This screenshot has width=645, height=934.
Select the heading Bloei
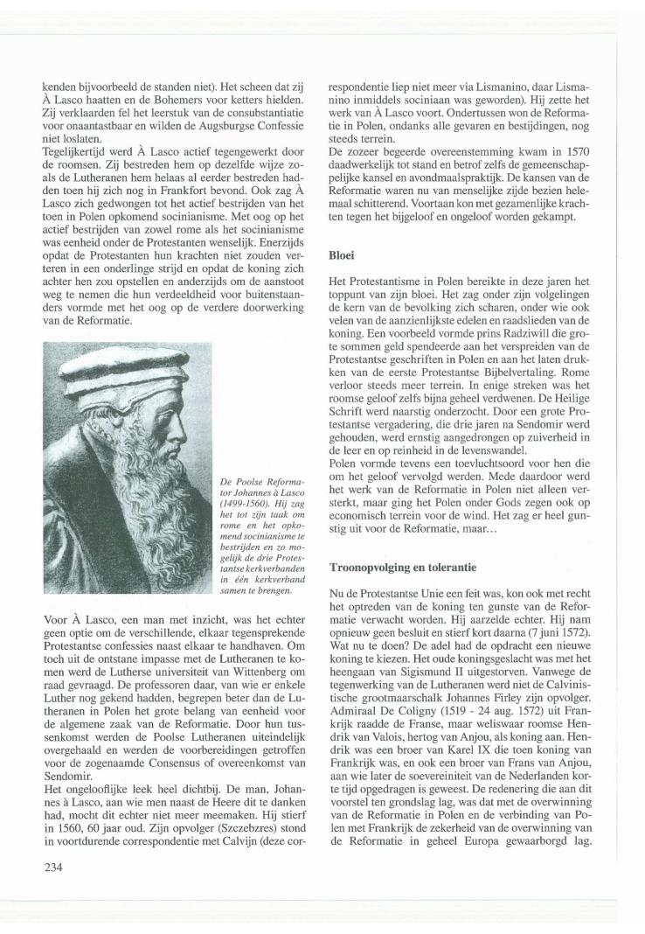342,256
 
